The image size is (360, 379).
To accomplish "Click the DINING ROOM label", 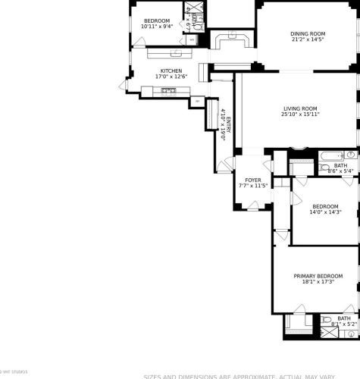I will click(308, 33).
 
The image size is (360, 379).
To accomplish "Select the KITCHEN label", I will click(171, 70).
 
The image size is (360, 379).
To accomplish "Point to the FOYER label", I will click(252, 180).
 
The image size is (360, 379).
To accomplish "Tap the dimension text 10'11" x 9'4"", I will click(157, 26).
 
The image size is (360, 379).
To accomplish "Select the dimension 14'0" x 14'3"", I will click(326, 211).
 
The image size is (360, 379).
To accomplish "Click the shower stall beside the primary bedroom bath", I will click(294, 324).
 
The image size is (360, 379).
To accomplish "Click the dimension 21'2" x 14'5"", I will click(308, 39).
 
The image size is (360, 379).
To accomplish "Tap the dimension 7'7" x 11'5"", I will click(252, 185).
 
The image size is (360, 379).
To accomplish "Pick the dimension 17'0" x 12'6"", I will click(171, 77).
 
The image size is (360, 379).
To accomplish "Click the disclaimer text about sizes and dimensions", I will click(250, 375).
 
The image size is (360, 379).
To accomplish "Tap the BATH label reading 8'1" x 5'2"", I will click(344, 319).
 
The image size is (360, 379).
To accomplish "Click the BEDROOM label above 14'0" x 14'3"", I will click(326, 206).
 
